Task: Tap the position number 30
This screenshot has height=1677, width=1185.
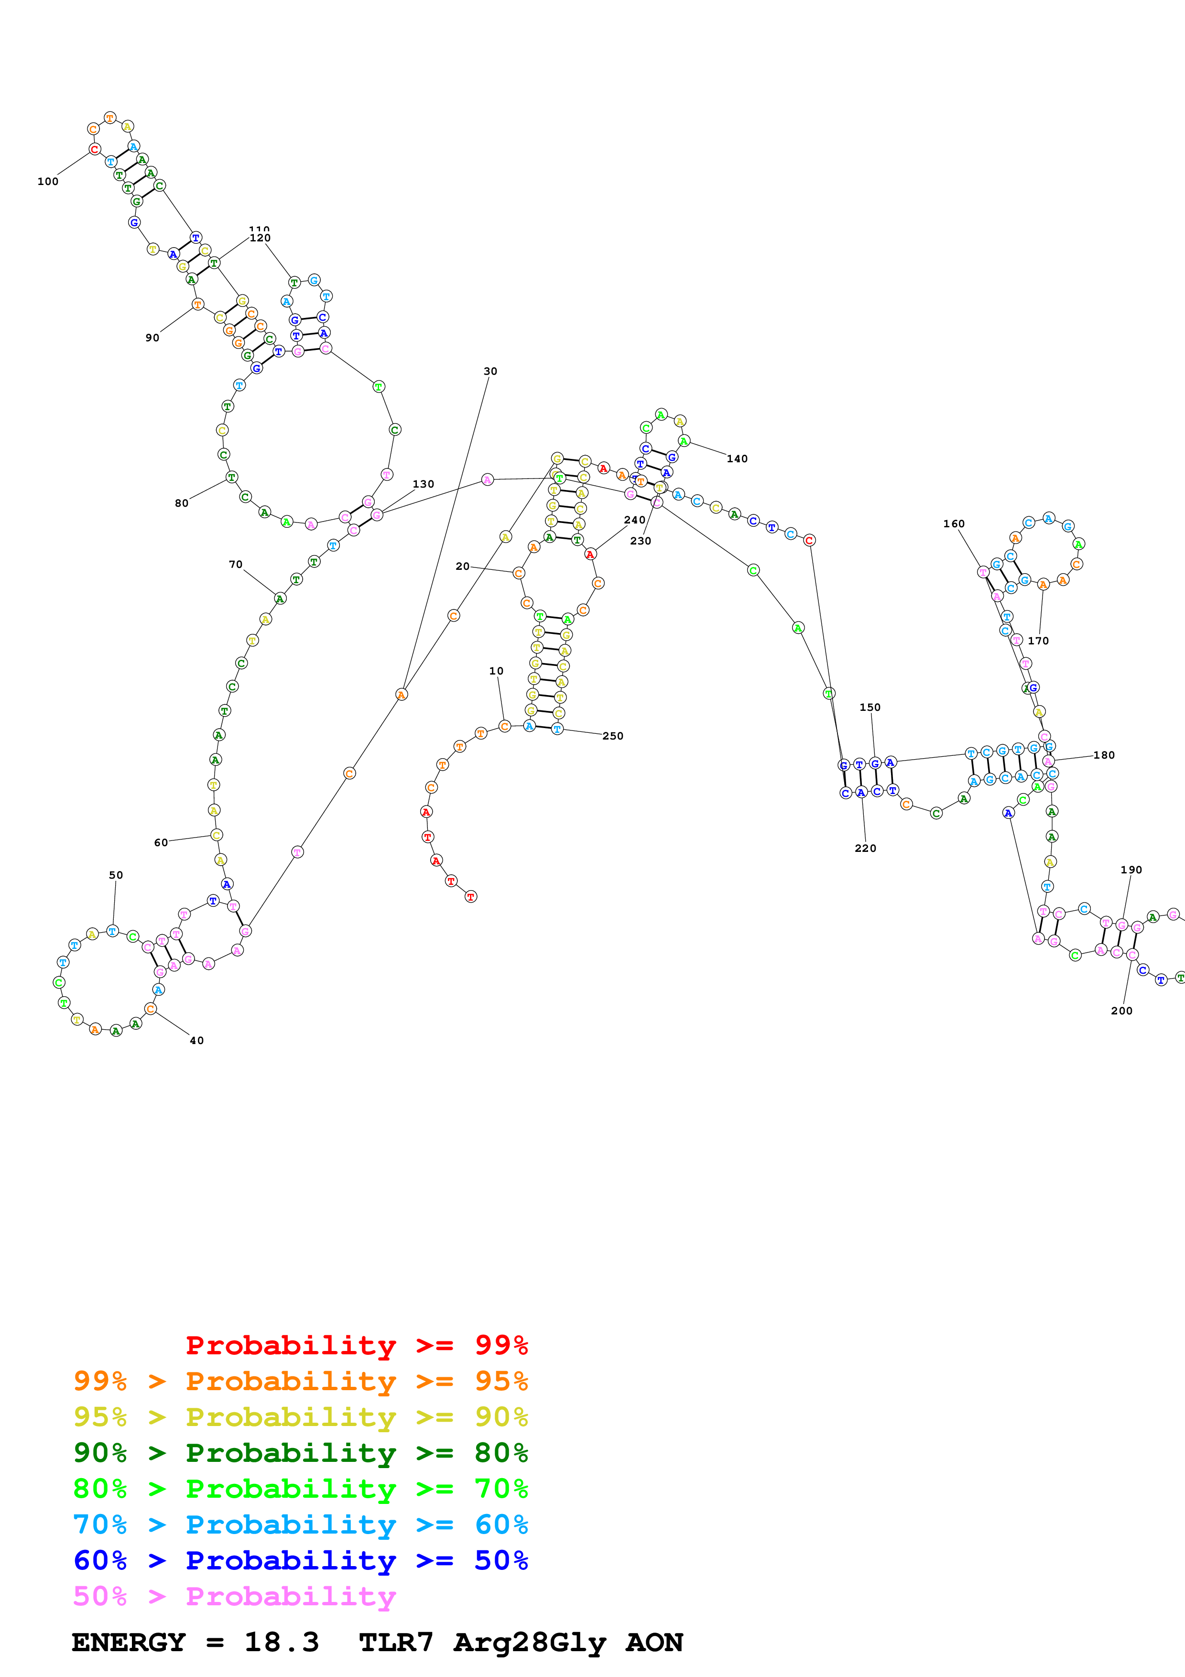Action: pyautogui.click(x=490, y=371)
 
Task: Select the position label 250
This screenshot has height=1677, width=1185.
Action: pyautogui.click(x=613, y=736)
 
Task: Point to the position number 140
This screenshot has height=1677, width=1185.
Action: pyautogui.click(x=737, y=459)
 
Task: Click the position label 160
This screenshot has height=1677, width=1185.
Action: pyautogui.click(x=954, y=523)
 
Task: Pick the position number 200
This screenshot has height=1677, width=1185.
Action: pyautogui.click(x=1121, y=1011)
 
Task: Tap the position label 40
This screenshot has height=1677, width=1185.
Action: pyautogui.click(x=196, y=1041)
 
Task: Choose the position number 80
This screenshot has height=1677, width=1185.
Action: pyautogui.click(x=181, y=503)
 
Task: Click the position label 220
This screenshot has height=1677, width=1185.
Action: pyautogui.click(x=865, y=848)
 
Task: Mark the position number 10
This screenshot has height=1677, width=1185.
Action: pyautogui.click(x=496, y=671)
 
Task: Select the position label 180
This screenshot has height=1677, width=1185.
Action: pyautogui.click(x=1103, y=755)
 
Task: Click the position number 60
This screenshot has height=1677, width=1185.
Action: pyautogui.click(x=161, y=843)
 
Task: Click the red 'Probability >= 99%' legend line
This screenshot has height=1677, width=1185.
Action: pyautogui.click(x=356, y=1345)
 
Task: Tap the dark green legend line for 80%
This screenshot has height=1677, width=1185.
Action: pyautogui.click(x=300, y=1453)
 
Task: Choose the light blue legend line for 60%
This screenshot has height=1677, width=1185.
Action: pyautogui.click(x=300, y=1525)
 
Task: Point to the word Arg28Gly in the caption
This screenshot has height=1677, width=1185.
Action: pyautogui.click(x=531, y=1642)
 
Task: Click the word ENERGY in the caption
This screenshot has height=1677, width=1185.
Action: pyautogui.click(x=129, y=1642)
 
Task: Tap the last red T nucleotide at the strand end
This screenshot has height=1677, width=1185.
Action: pyautogui.click(x=470, y=896)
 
